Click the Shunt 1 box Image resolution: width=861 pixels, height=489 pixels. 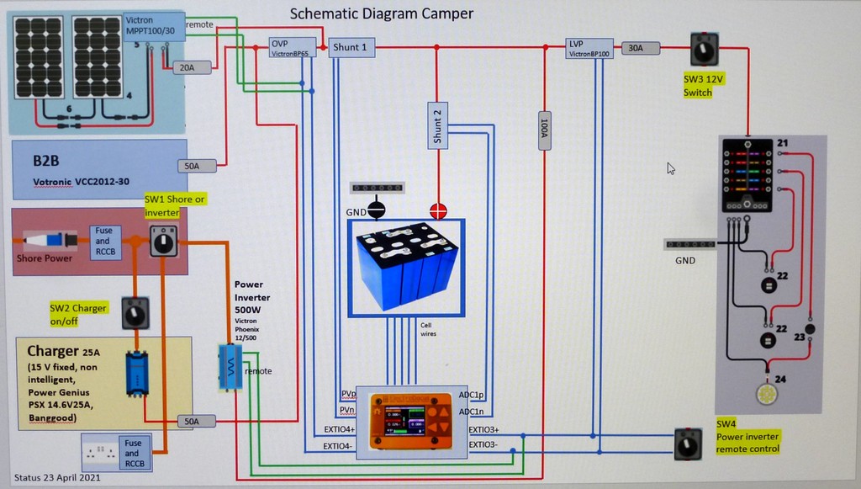coord(350,47)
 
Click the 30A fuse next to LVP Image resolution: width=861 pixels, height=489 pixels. coord(635,49)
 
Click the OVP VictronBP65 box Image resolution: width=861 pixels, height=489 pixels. coord(292,47)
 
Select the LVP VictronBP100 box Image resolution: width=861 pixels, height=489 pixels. coord(590,47)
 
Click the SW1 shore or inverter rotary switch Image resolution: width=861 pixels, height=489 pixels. coord(161,241)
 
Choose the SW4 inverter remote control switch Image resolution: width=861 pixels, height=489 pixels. coord(688,445)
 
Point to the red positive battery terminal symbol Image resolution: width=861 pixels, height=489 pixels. coord(438,210)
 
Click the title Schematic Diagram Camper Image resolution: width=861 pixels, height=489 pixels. coord(382,13)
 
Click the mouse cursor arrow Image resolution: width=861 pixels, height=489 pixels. coord(671,168)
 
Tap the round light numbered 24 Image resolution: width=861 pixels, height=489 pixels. coord(767,394)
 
